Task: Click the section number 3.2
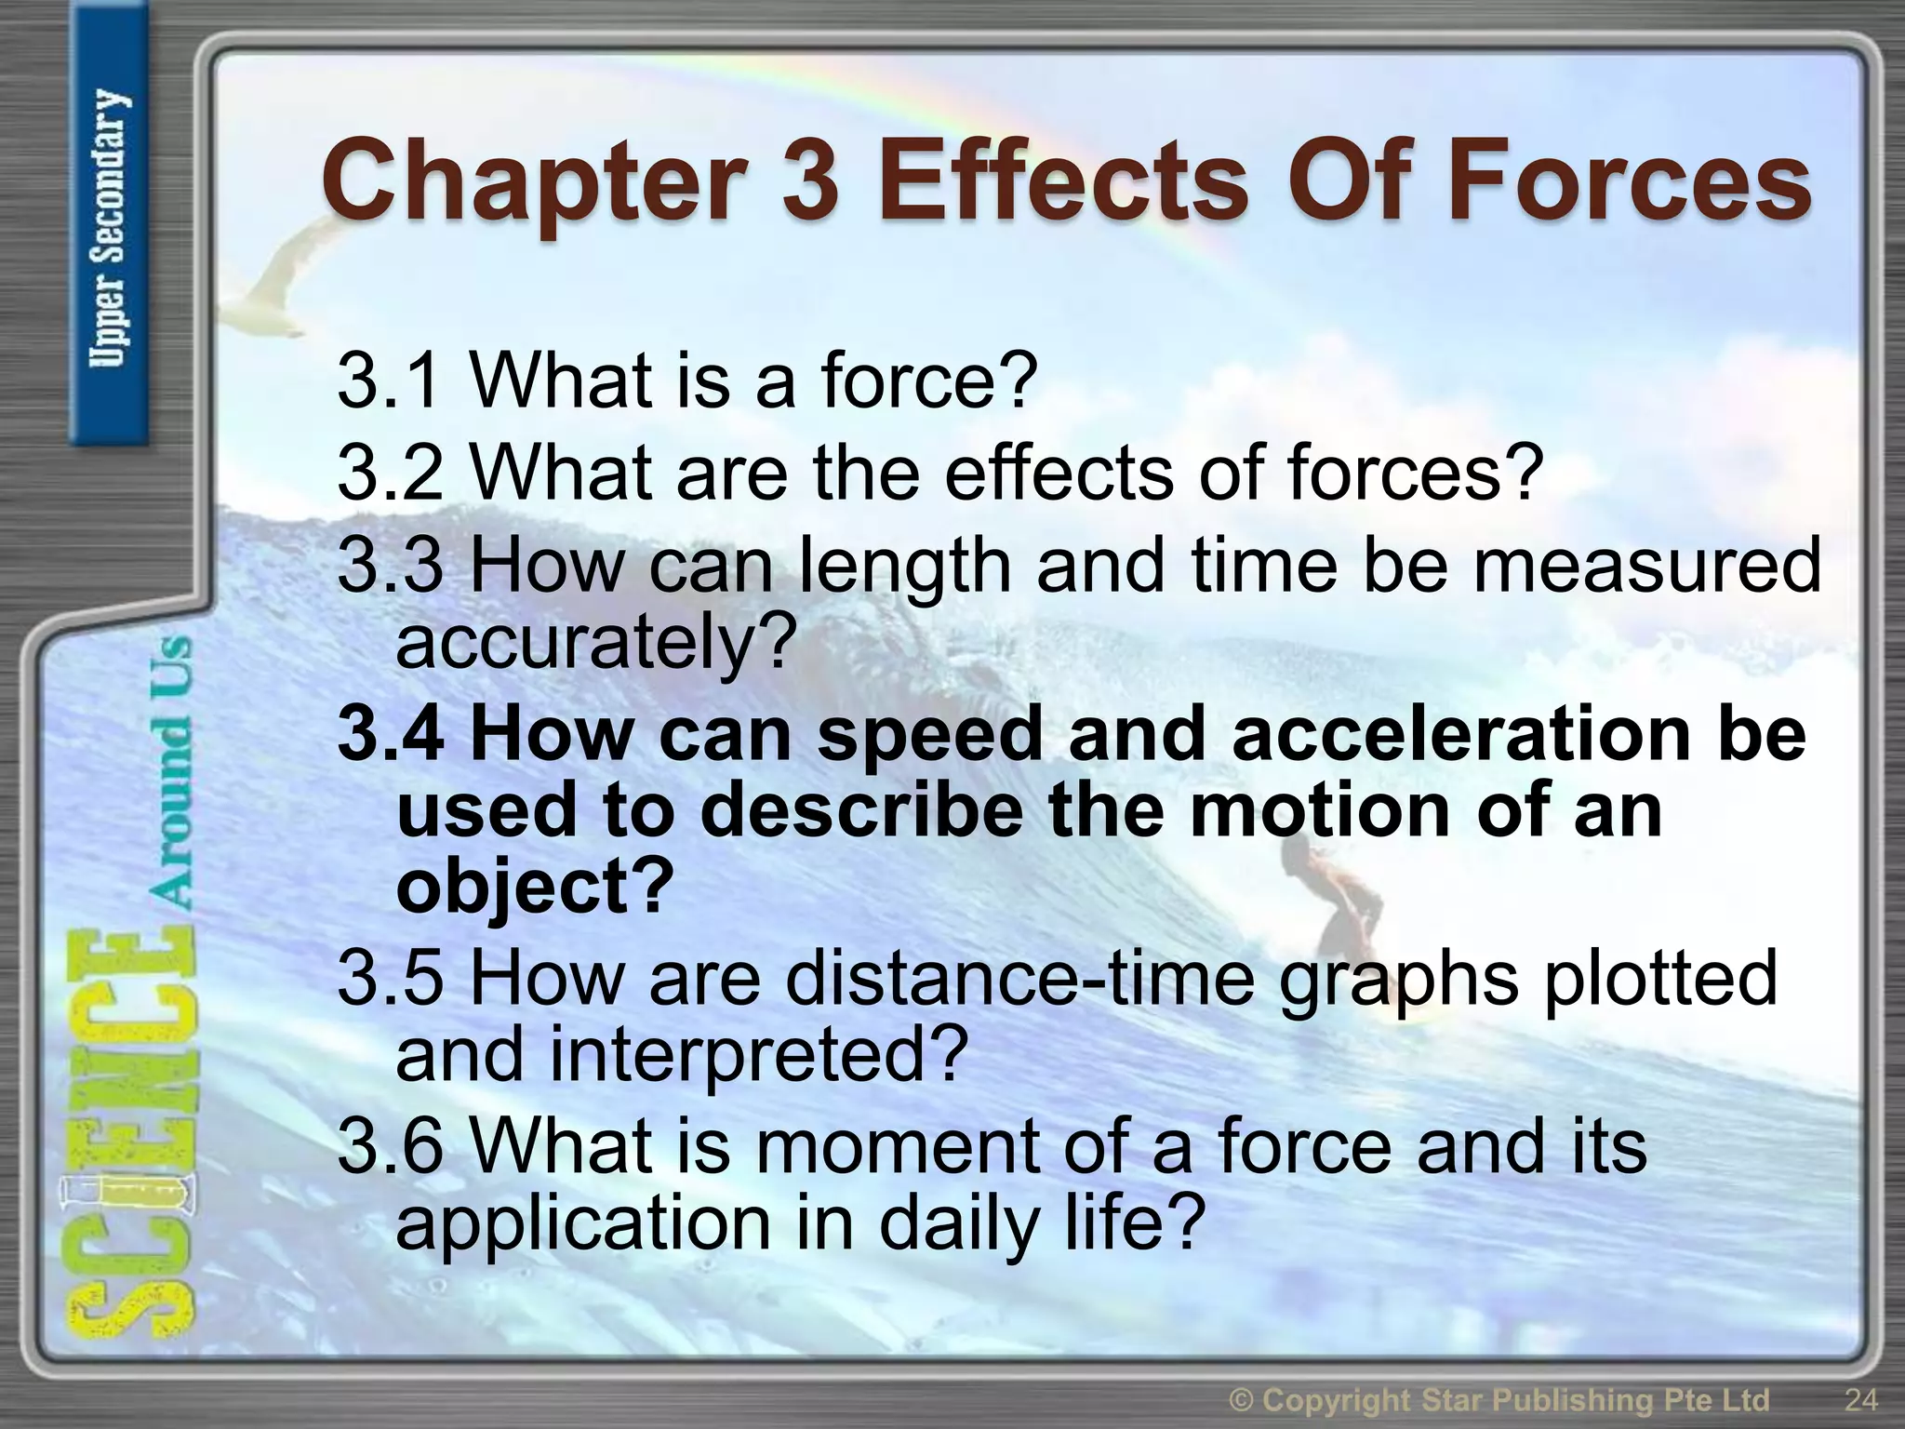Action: click(x=390, y=473)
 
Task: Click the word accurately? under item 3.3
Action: click(x=596, y=642)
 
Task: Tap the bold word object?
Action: click(x=534, y=886)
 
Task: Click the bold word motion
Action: click(x=1317, y=811)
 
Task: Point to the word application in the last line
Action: click(x=582, y=1222)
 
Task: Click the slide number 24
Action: click(x=1859, y=1399)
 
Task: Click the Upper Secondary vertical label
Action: click(x=110, y=228)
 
